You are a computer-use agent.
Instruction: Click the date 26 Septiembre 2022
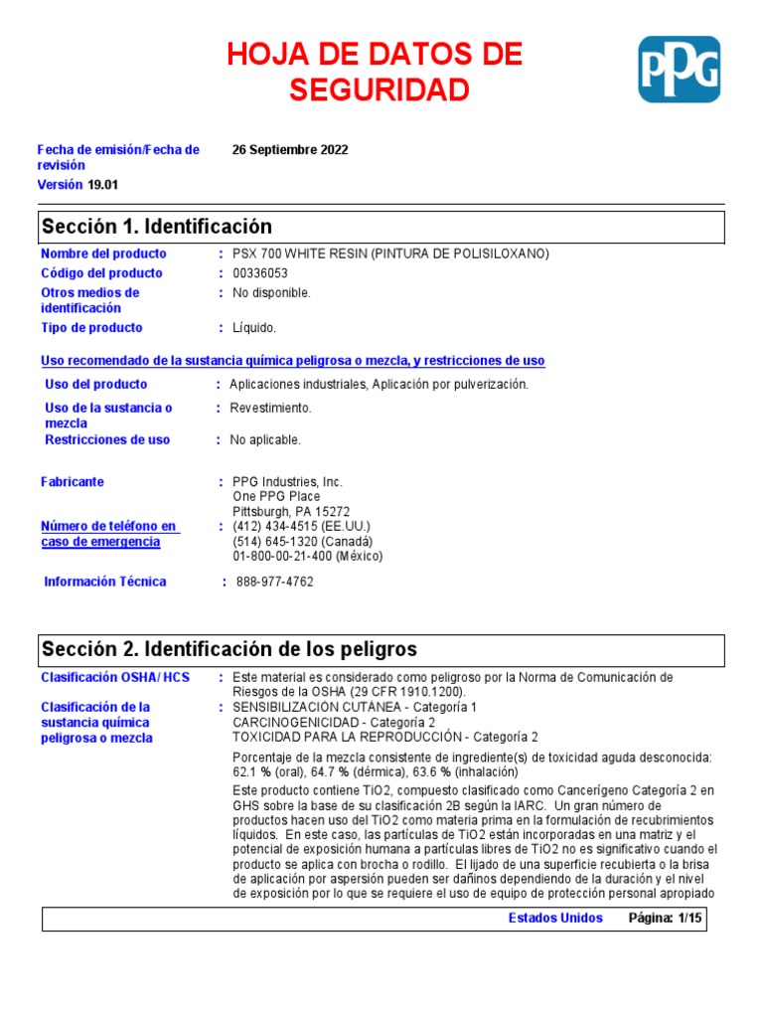pyautogui.click(x=290, y=150)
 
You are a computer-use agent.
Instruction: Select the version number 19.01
pyautogui.click(x=102, y=185)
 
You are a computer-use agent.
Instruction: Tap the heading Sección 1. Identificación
pyautogui.click(x=156, y=228)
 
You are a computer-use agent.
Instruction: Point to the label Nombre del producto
pyautogui.click(x=103, y=254)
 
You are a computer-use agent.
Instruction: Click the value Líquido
pyautogui.click(x=254, y=328)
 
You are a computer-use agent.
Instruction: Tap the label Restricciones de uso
pyautogui.click(x=107, y=439)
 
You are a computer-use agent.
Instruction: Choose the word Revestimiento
pyautogui.click(x=270, y=408)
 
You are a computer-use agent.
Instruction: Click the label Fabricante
pyautogui.click(x=73, y=481)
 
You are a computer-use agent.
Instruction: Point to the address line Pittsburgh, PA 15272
pyautogui.click(x=291, y=512)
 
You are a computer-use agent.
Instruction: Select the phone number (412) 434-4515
pyautogui.click(x=273, y=526)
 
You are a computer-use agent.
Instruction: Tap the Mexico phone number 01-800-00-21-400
pyautogui.click(x=283, y=557)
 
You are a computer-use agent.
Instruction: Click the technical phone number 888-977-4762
pyautogui.click(x=274, y=582)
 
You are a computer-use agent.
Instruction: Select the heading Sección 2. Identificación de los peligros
pyautogui.click(x=229, y=649)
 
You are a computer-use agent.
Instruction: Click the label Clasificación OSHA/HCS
pyautogui.click(x=114, y=677)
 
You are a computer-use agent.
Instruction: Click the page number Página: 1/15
pyautogui.click(x=665, y=918)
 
